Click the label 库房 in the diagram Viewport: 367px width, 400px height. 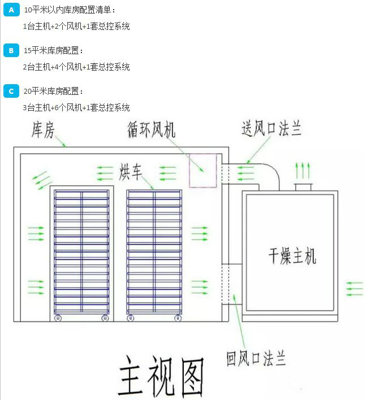(x=42, y=132)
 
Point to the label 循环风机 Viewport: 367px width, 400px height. (x=151, y=131)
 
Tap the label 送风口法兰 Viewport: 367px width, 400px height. (x=271, y=129)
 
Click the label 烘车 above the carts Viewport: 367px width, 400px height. (x=130, y=171)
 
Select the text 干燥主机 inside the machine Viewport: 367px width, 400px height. (x=292, y=255)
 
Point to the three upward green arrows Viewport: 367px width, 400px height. (x=303, y=169)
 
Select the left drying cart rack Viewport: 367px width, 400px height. (x=81, y=251)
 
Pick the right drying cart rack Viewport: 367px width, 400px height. (x=154, y=251)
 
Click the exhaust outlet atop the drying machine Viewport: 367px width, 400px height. (x=303, y=187)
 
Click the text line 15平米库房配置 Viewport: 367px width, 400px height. (x=53, y=51)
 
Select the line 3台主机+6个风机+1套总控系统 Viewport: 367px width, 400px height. (x=76, y=107)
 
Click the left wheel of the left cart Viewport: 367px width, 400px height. (x=58, y=318)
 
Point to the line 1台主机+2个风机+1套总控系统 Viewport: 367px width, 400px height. (x=76, y=26)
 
